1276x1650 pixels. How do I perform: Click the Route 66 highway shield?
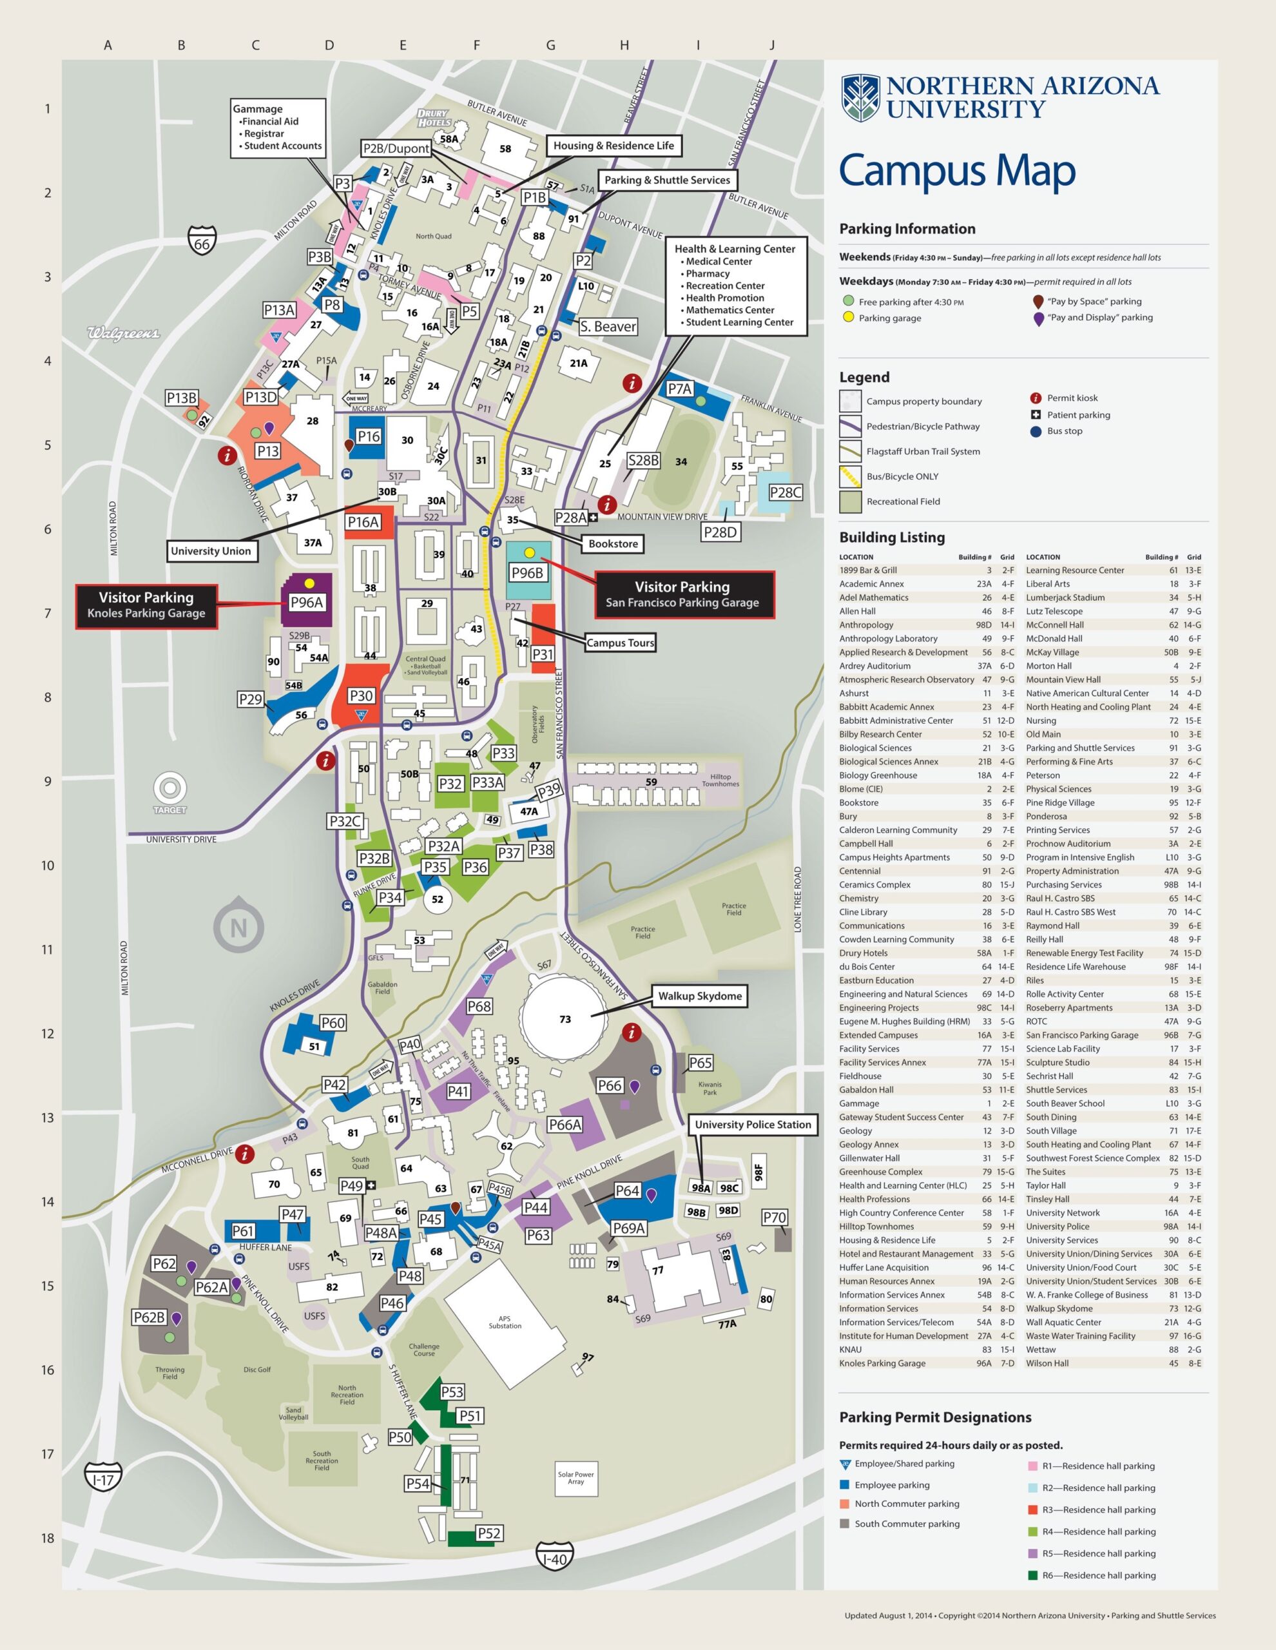202,241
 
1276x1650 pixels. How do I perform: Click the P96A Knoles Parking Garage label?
307,602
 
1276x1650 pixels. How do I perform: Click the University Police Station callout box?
753,1124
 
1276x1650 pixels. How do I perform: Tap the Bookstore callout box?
613,543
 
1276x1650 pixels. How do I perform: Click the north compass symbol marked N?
238,927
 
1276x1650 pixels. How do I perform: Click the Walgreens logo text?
123,333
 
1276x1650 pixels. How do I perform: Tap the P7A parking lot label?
679,388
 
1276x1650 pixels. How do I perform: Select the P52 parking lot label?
488,1533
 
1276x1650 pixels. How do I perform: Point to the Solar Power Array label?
575,1478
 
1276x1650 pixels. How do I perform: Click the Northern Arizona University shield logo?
860,97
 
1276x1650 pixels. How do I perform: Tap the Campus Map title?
956,171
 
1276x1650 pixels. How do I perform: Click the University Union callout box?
211,551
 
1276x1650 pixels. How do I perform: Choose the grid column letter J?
771,45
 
